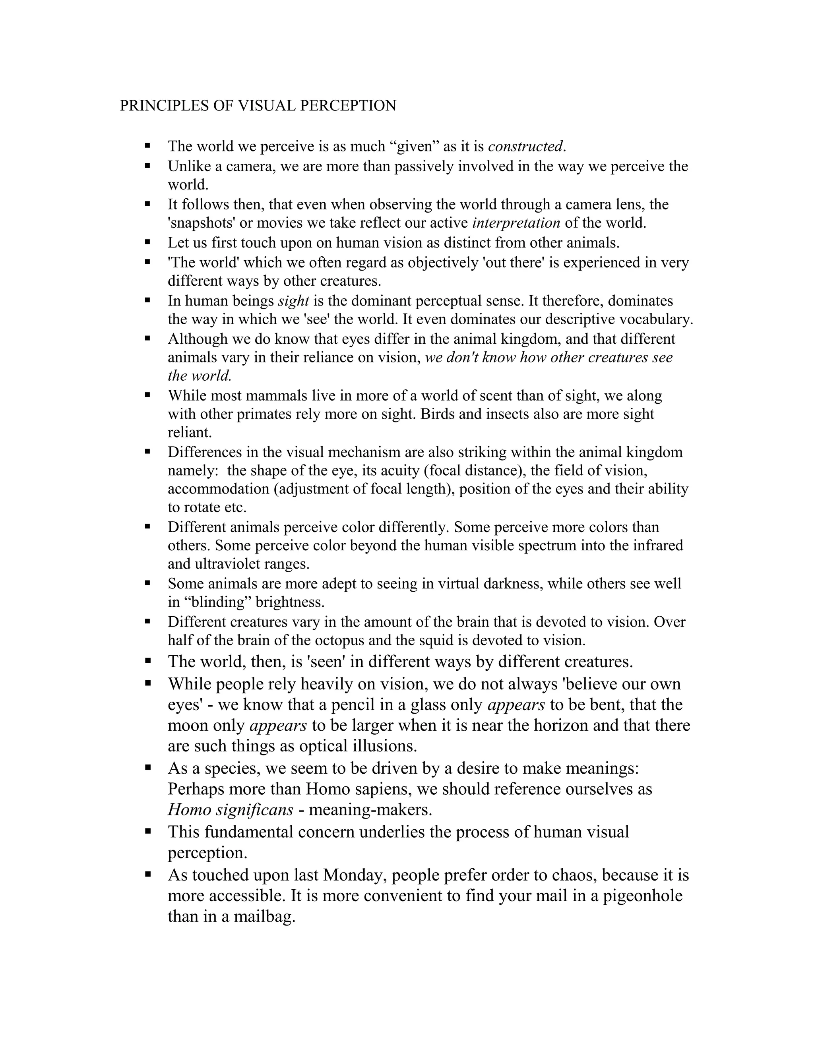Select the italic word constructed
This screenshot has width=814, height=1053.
tap(525, 146)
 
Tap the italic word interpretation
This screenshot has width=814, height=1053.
tap(516, 223)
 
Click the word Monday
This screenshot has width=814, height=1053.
tap(355, 875)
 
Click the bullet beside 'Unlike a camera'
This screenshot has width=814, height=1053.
tap(147, 166)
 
